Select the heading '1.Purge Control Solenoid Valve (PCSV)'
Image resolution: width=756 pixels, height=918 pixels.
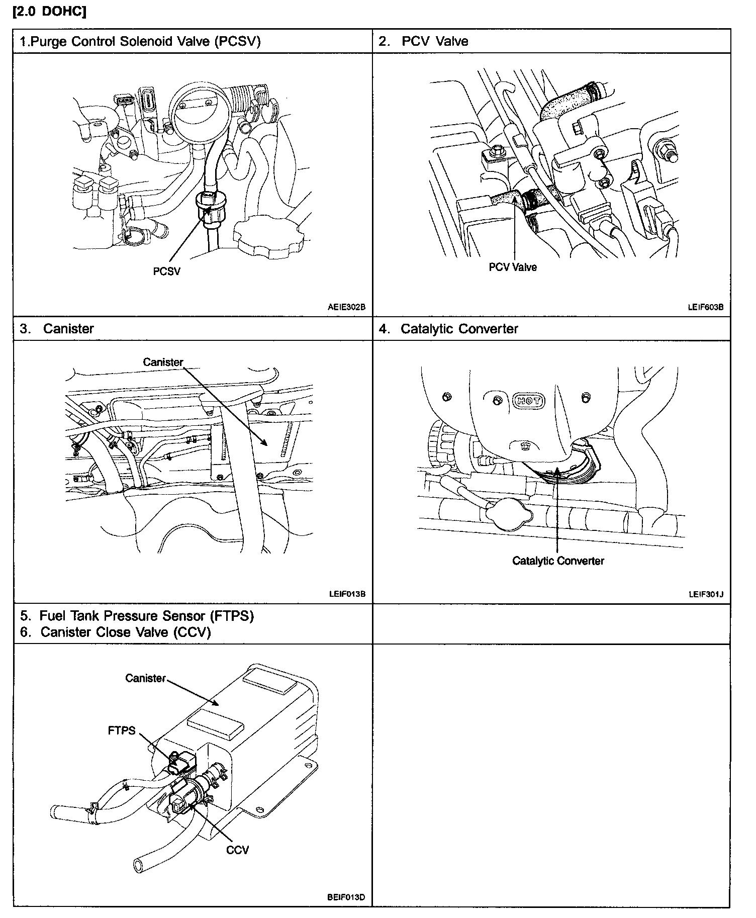(140, 41)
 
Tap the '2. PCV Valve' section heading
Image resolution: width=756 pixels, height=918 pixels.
(423, 41)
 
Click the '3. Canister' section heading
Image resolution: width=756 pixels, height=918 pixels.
(57, 329)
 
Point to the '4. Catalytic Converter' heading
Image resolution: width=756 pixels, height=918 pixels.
(448, 329)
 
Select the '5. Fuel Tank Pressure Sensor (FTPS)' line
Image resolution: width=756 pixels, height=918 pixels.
(137, 616)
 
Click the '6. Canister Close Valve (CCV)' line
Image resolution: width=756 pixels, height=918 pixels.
(115, 632)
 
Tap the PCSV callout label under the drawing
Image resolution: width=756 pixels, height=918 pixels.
(166, 271)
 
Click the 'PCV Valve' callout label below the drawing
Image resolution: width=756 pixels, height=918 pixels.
(513, 267)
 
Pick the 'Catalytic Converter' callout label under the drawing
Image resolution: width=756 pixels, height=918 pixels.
(558, 561)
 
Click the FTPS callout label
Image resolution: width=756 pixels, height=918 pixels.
(122, 730)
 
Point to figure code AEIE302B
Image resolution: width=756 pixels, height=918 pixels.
(346, 307)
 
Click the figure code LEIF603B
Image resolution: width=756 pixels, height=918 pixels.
(705, 307)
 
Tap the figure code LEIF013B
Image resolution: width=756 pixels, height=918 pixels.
(347, 594)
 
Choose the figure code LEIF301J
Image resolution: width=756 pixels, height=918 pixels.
(706, 594)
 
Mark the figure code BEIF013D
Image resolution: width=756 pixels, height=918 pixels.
(346, 897)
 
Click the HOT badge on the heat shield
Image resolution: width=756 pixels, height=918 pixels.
(528, 401)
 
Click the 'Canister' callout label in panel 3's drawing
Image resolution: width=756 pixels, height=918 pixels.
(163, 362)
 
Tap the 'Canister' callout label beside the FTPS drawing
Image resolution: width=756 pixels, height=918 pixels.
(145, 678)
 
